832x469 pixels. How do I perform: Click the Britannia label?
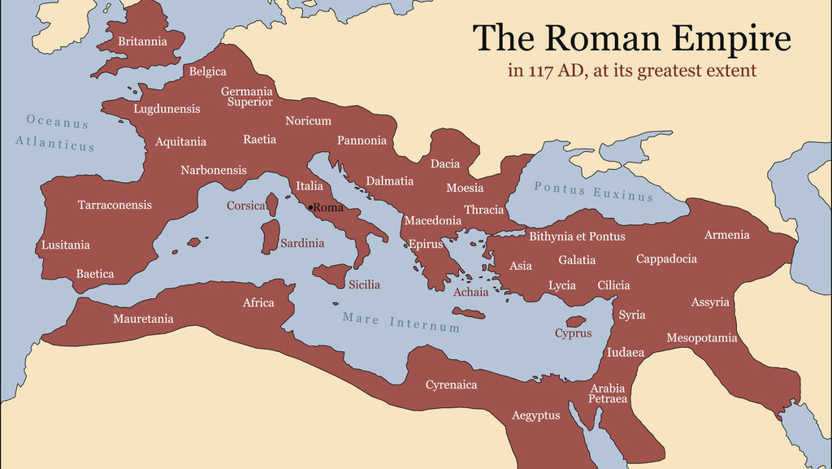[142, 41]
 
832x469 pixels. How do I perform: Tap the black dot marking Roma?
[310, 207]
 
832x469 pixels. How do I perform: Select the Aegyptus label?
[535, 415]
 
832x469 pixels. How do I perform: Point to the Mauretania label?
[143, 319]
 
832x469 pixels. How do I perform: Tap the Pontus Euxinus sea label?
[593, 191]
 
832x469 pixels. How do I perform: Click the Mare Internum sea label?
[401, 322]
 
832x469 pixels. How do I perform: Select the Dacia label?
[445, 164]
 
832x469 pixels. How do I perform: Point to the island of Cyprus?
[576, 322]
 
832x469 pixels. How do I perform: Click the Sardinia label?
[302, 243]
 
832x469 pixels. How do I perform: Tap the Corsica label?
[246, 206]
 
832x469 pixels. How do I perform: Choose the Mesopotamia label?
[702, 337]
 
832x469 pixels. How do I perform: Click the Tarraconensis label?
[115, 205]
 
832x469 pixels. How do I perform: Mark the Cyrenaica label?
[451, 384]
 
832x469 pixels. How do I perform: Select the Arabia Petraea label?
[609, 393]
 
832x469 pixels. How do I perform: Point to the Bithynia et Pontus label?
[577, 237]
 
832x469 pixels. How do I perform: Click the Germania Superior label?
[247, 97]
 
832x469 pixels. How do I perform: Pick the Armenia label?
[726, 235]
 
